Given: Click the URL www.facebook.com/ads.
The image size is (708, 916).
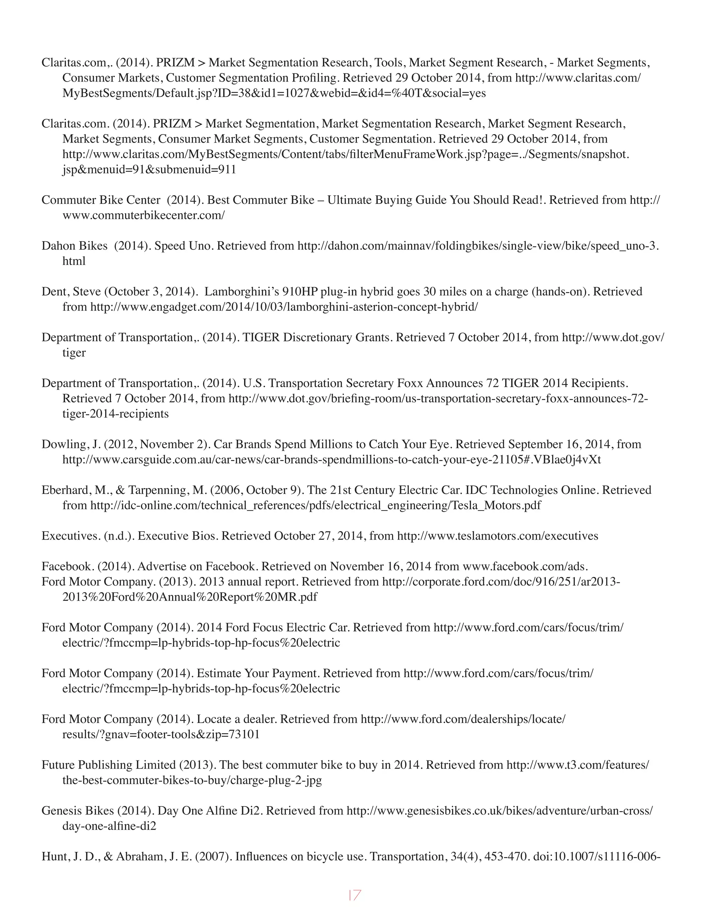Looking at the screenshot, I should [524, 566].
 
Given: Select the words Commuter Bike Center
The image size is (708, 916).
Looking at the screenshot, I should [101, 200].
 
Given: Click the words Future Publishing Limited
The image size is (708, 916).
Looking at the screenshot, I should [108, 765].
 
